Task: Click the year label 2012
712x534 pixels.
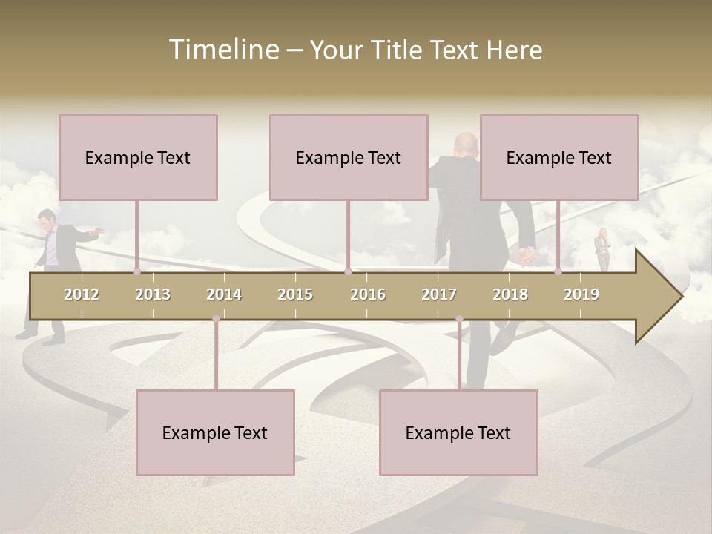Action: [82, 294]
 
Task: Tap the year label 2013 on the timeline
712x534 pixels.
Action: [153, 294]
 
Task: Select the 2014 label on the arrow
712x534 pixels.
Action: [224, 294]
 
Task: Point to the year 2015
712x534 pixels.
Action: [295, 294]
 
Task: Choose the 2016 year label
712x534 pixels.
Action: [368, 294]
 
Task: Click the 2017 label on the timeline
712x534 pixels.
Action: [439, 294]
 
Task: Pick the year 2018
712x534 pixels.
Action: [510, 294]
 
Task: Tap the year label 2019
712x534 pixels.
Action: [581, 294]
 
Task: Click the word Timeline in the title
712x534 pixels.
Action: [223, 50]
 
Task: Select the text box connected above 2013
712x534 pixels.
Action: [138, 157]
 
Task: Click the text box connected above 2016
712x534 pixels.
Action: [349, 157]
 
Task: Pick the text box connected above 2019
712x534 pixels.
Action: [559, 157]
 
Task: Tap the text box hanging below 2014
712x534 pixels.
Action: [215, 432]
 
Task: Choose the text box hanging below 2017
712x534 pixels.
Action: [458, 432]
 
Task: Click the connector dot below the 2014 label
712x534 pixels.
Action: [216, 319]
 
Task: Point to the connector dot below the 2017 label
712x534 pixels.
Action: [459, 319]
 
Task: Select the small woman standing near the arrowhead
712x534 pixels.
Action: [602, 250]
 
